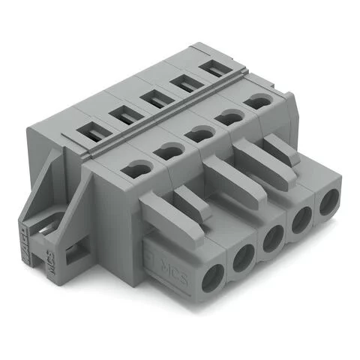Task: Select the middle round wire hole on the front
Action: (271, 244)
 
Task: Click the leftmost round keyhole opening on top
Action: (136, 171)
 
